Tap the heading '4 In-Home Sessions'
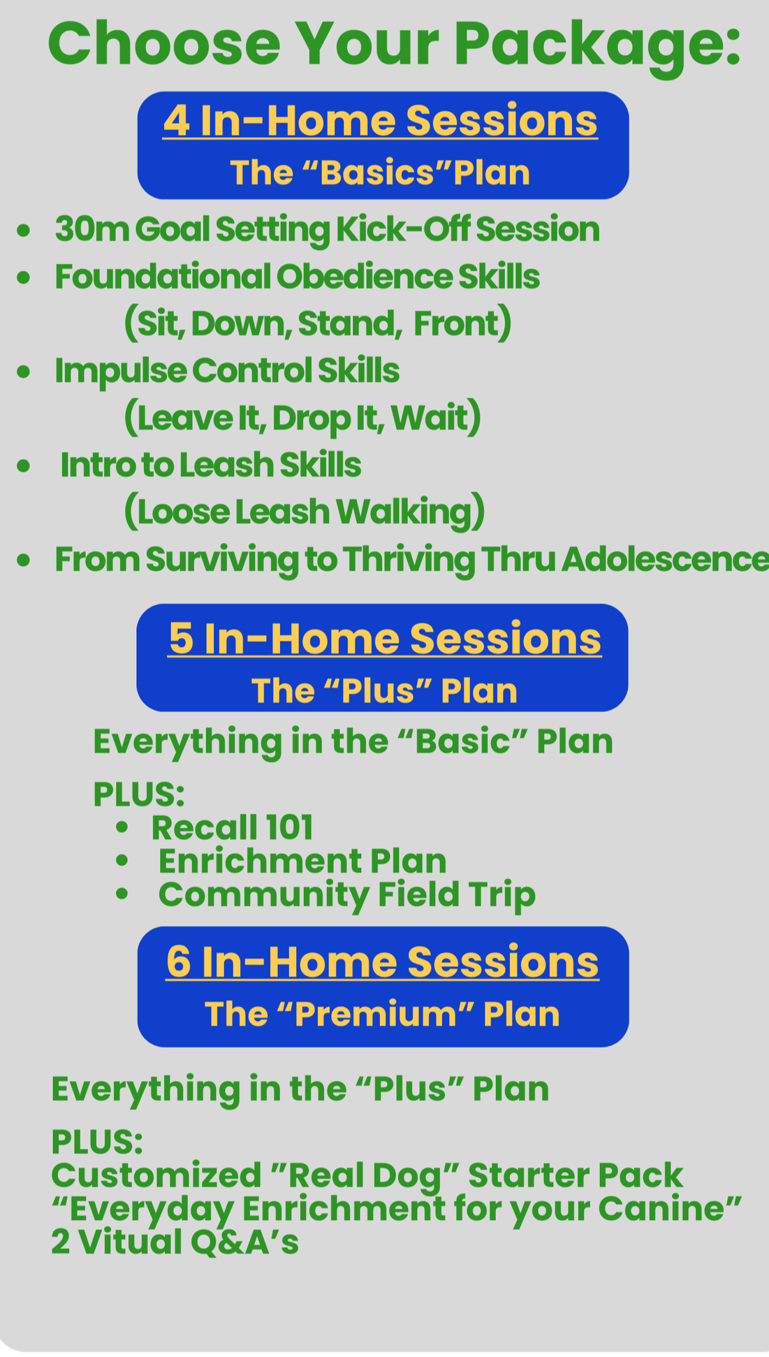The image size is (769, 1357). (380, 120)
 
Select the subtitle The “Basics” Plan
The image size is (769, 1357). (380, 173)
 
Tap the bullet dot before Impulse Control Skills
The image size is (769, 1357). (24, 371)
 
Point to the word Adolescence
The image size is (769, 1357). (664, 559)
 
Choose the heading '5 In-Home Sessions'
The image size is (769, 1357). (384, 639)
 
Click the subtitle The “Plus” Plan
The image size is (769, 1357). (384, 691)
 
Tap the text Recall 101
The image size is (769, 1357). (232, 828)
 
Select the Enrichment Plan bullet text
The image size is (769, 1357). (302, 861)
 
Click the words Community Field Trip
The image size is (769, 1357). (346, 894)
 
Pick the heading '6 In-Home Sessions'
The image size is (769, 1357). (382, 962)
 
